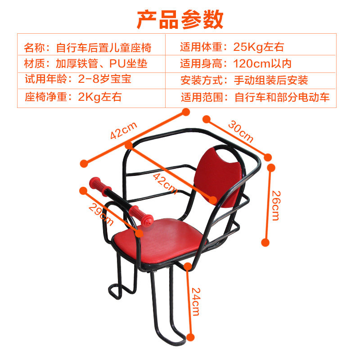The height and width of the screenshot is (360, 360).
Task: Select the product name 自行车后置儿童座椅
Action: coord(103,47)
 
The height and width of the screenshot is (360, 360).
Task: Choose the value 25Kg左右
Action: coord(259,47)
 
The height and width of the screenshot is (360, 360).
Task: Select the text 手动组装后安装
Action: coord(271,81)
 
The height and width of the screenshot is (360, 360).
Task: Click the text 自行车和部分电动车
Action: coord(282,97)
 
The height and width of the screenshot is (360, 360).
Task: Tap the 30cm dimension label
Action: coord(240,130)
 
